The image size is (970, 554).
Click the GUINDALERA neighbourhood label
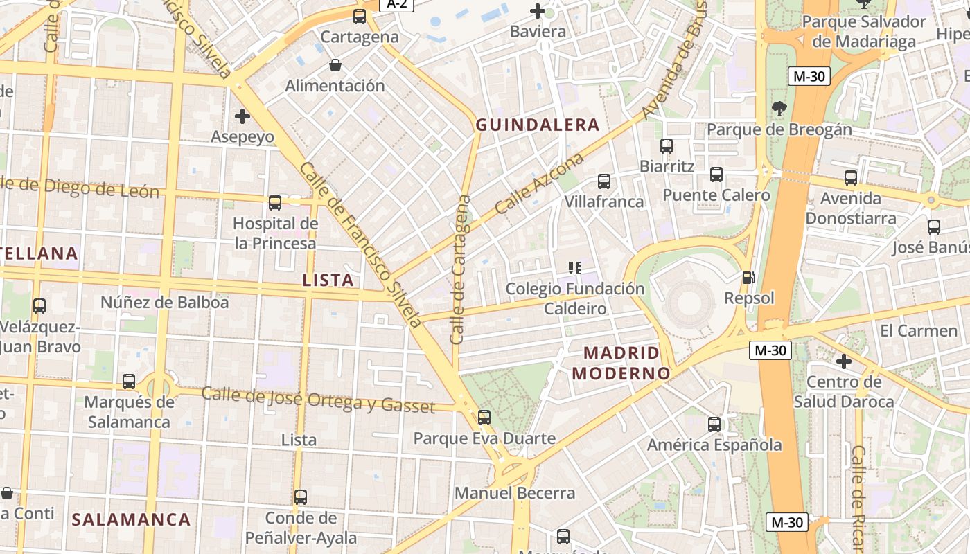537,125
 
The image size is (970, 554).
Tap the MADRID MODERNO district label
621,364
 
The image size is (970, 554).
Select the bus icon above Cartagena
360,17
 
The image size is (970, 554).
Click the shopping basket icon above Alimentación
335,66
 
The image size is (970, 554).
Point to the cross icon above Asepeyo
242,116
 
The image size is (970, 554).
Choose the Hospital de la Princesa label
275,233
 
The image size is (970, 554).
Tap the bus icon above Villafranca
604,181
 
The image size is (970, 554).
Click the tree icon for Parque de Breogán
779,109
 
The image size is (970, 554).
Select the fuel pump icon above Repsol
748,278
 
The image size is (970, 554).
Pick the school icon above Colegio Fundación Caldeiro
574,268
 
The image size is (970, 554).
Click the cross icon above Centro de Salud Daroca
843,361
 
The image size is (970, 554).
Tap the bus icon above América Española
714,425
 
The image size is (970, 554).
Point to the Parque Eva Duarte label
484,438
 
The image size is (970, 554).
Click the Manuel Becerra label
515,493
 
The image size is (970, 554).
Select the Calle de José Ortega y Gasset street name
318,400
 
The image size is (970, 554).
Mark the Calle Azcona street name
539,184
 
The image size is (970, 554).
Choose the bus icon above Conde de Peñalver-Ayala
301,497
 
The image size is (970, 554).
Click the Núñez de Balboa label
164,303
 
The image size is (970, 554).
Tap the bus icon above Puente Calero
716,175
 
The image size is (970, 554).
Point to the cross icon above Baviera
538,11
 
